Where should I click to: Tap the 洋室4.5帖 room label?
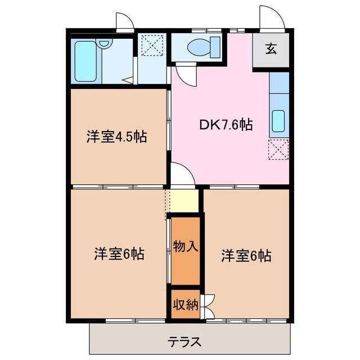pyautogui.click(x=116, y=137)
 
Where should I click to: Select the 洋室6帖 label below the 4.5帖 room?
pyautogui.click(x=119, y=254)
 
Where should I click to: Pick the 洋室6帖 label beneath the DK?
pyautogui.click(x=246, y=255)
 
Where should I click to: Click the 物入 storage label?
pyautogui.click(x=185, y=246)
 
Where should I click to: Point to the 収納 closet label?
pyautogui.click(x=185, y=305)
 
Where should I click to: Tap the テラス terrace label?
pyautogui.click(x=184, y=341)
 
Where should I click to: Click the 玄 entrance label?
pyautogui.click(x=271, y=49)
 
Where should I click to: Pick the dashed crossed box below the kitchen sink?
pyautogui.click(x=279, y=149)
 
